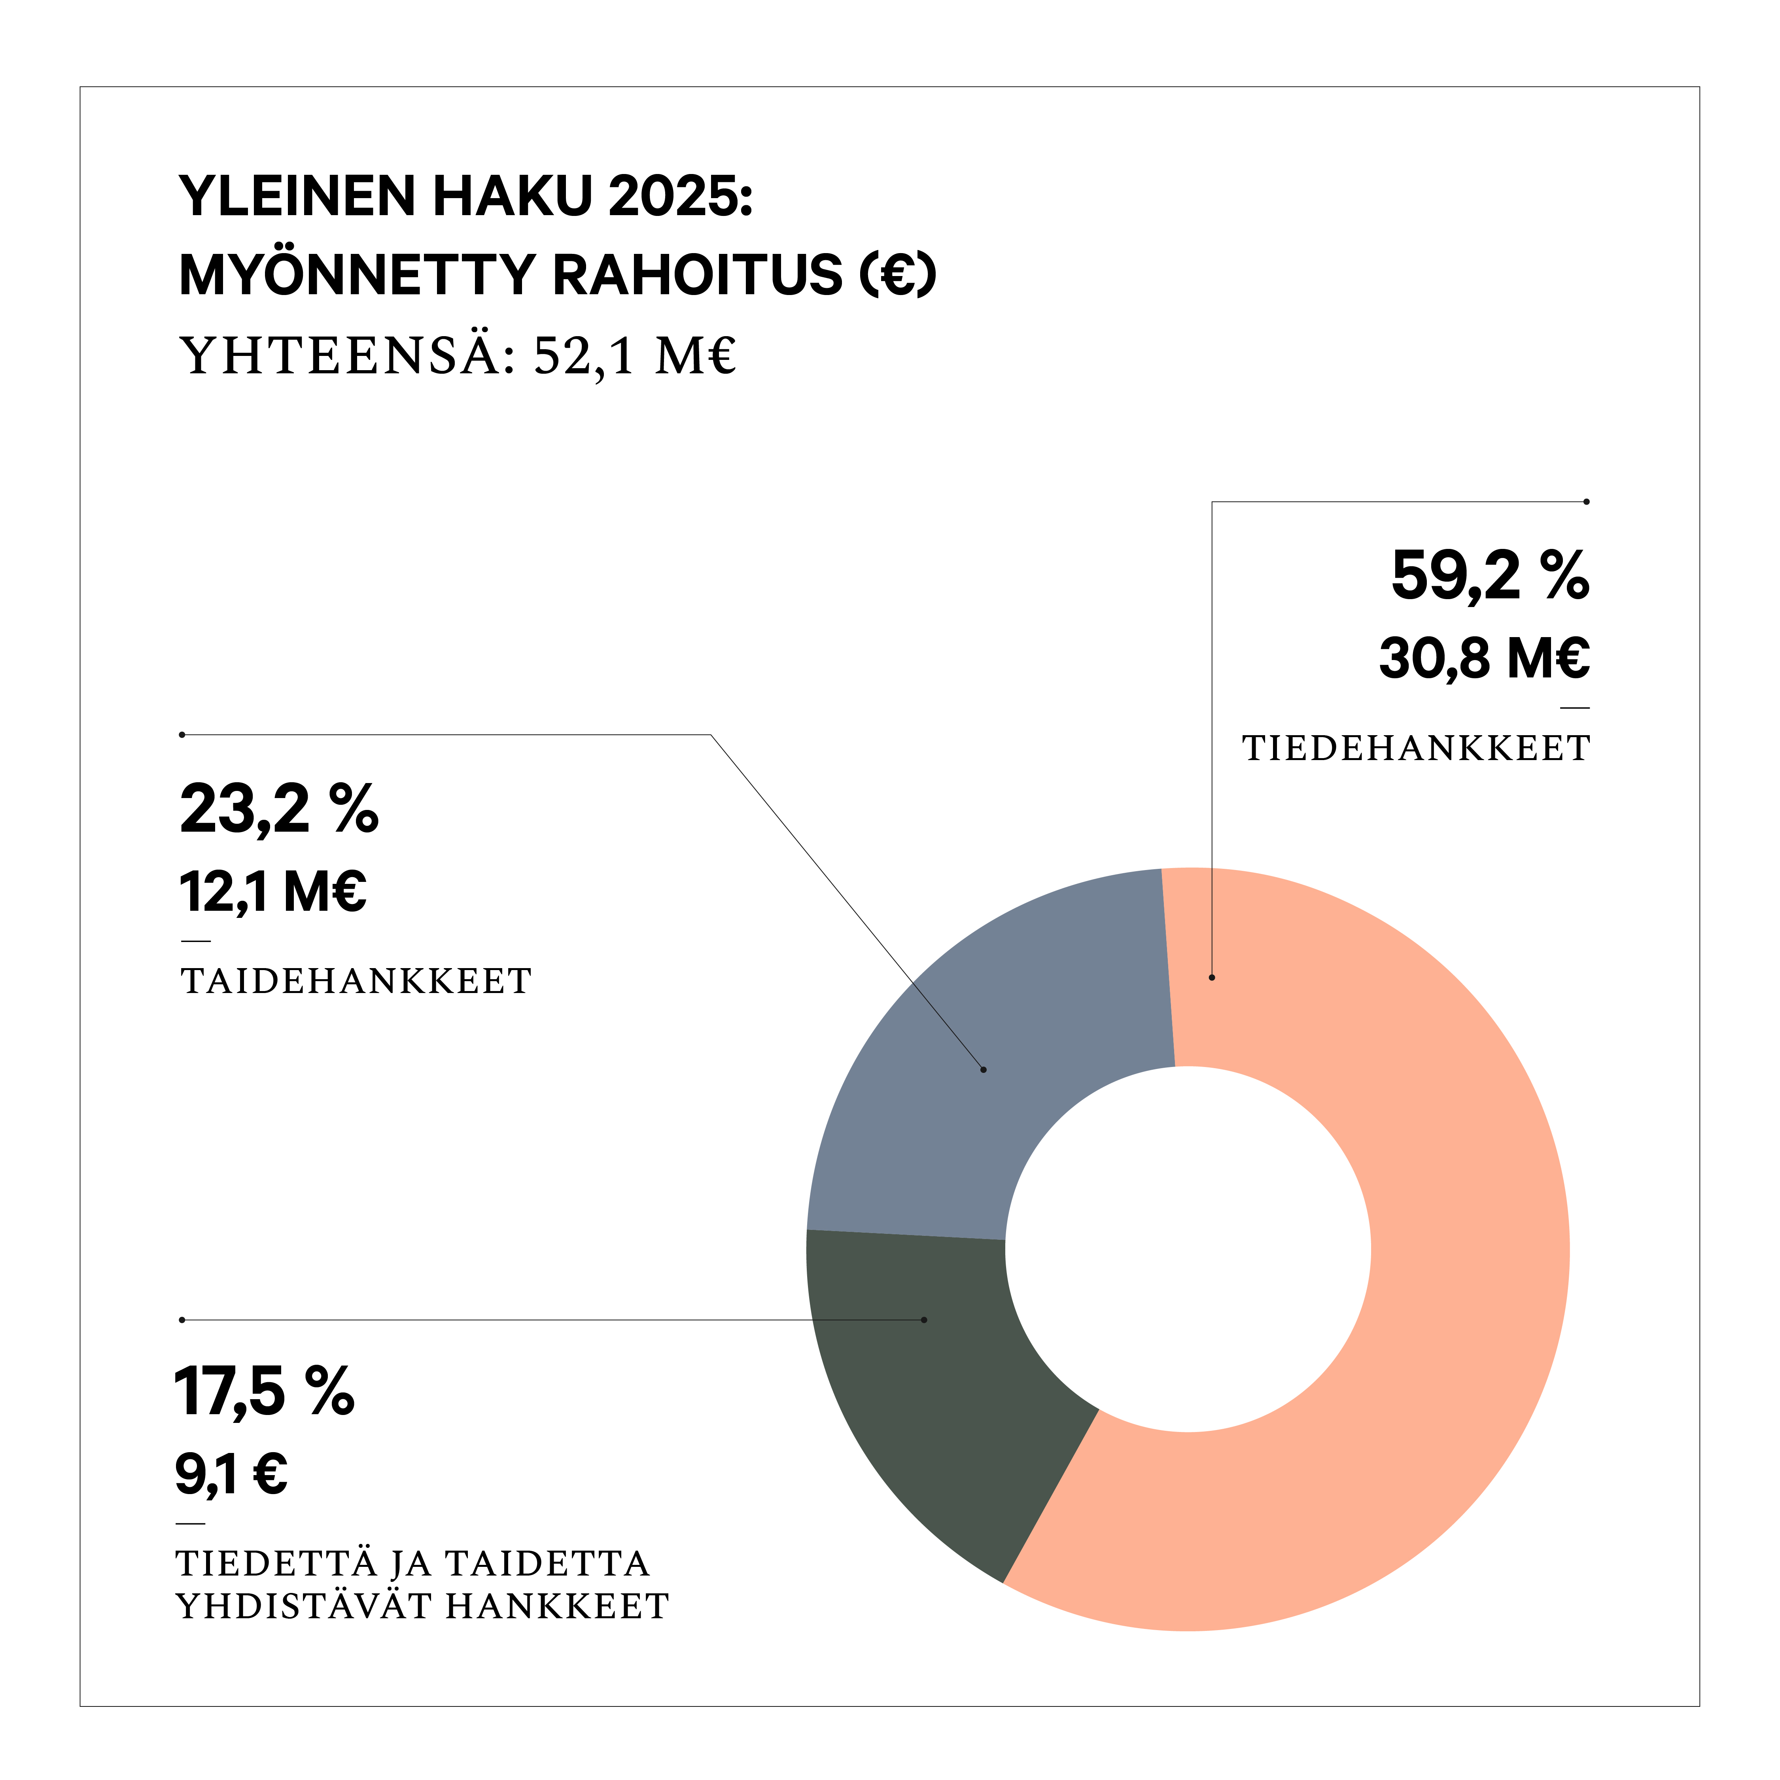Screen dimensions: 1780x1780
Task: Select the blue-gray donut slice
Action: pos(995,1041)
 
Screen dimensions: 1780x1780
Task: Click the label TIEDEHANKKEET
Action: pos(1416,748)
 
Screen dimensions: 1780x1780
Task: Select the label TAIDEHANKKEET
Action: pos(356,981)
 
